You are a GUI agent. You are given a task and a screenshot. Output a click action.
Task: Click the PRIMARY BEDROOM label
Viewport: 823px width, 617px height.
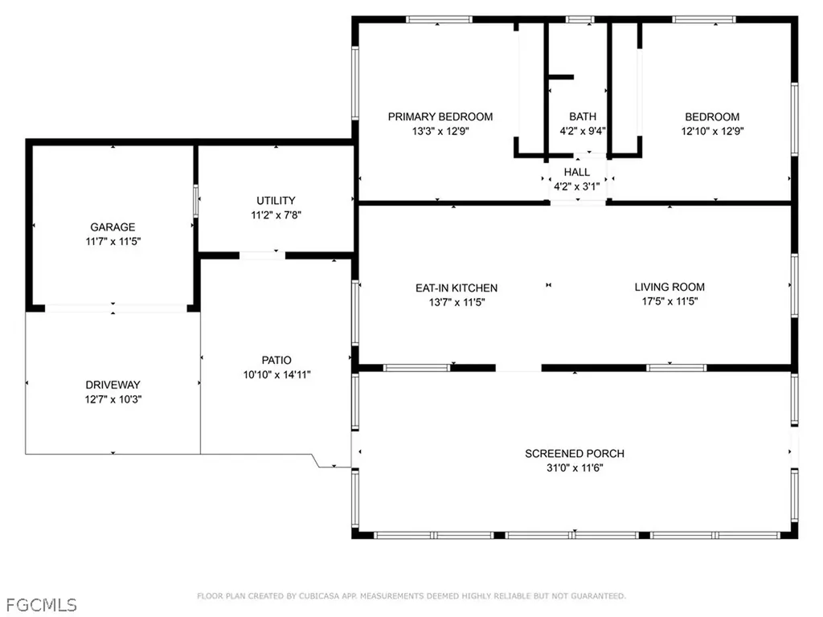click(440, 116)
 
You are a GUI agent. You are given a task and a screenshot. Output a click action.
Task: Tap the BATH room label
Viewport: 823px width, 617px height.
click(583, 116)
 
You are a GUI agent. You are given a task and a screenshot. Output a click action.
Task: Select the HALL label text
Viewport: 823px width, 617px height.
click(576, 172)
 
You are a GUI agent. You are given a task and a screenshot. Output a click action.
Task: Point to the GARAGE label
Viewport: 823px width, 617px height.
click(113, 227)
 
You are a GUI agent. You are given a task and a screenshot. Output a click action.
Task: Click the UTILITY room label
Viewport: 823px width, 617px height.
click(276, 201)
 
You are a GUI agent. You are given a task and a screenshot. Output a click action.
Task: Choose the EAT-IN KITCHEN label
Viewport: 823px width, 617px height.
click(456, 288)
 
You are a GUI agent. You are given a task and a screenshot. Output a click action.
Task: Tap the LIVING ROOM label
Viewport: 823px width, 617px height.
click(669, 287)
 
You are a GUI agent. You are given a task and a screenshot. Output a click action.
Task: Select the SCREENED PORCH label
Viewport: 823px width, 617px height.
click(575, 454)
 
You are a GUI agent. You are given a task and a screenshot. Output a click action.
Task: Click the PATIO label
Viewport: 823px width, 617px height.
click(276, 360)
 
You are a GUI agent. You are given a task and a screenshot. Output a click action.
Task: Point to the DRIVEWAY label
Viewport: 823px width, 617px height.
click(113, 385)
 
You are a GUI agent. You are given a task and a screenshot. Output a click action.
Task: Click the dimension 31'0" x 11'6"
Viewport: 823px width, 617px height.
click(575, 468)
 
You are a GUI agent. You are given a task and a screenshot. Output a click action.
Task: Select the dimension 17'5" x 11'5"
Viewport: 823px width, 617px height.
click(669, 302)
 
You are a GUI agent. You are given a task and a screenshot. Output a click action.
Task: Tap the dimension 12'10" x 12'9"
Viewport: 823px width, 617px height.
click(712, 132)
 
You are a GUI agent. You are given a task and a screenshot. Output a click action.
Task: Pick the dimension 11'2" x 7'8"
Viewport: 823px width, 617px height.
click(276, 215)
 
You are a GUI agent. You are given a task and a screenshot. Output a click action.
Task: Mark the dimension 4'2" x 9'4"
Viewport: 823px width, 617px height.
click(583, 132)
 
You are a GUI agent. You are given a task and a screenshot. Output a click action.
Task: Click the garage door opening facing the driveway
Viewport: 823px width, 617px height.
click(113, 308)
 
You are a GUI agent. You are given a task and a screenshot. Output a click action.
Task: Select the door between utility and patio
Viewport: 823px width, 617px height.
click(262, 255)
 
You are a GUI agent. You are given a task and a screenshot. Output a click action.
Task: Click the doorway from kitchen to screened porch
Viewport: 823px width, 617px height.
click(518, 368)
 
